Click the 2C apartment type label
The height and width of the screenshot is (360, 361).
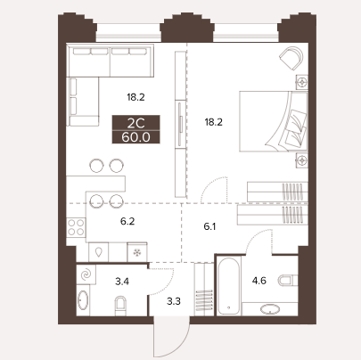(x=135, y=122)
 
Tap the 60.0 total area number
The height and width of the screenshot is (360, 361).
(x=135, y=137)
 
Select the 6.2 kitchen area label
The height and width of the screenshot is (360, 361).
(x=127, y=221)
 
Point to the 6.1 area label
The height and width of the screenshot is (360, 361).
(x=209, y=227)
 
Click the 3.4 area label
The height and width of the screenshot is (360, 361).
(x=122, y=281)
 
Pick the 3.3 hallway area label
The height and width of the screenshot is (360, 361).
(x=174, y=301)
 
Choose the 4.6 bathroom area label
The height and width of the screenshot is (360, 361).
(x=259, y=281)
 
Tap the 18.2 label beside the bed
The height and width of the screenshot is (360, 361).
(x=214, y=122)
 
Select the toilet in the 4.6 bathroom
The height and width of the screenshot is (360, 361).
(x=288, y=280)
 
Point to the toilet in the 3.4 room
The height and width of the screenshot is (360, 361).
(x=120, y=306)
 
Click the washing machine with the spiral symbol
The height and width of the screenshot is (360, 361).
(x=86, y=274)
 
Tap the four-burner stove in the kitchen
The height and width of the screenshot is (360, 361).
(x=76, y=227)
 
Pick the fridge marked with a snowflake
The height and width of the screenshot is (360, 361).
(x=137, y=252)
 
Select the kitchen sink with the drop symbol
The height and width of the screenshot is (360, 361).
(x=99, y=252)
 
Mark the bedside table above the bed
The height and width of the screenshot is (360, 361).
(x=302, y=82)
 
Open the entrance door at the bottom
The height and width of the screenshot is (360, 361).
(x=172, y=336)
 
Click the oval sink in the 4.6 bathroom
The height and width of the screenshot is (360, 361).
(x=270, y=309)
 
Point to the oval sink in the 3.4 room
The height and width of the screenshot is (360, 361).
(x=83, y=300)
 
